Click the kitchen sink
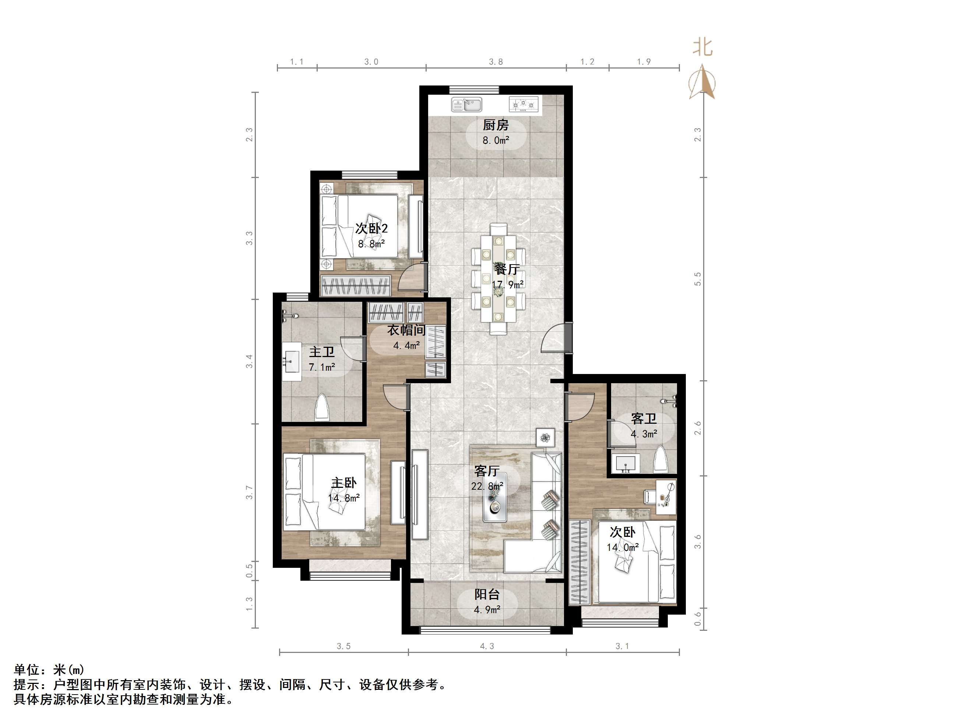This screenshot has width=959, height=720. point(466,105)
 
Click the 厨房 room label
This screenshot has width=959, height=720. point(496,125)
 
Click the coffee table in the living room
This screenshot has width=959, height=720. point(495,505)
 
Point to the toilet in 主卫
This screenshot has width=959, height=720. point(321,407)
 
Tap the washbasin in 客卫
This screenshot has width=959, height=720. point(625,464)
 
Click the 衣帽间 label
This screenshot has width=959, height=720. point(406,330)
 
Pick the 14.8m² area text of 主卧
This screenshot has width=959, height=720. point(344,498)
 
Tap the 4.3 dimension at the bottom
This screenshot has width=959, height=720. point(487,646)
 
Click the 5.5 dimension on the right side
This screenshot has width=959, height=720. point(698,279)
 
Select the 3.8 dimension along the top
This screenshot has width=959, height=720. point(496,62)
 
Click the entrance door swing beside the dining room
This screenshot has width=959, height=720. point(555,339)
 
